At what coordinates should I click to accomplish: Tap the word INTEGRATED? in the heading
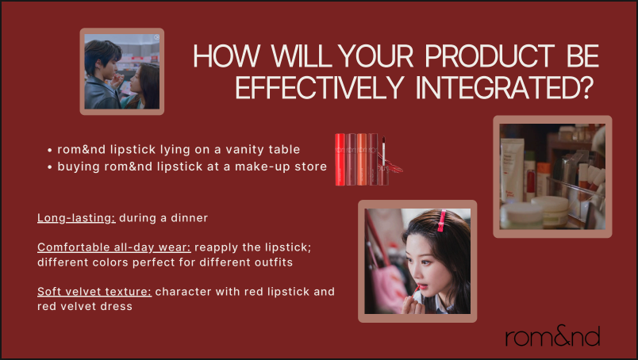pos(504,87)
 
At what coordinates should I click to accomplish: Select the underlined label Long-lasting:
pos(76,218)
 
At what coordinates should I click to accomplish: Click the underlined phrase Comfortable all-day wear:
pos(114,247)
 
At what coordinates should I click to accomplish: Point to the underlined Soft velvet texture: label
pos(94,292)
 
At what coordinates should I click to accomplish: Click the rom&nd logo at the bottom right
pos(552,336)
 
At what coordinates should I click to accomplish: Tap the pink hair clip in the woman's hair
pos(441,221)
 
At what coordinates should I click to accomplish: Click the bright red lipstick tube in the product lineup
pos(340,159)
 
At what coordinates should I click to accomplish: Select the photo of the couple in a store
pos(122,71)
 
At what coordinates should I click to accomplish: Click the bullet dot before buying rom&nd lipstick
pos(50,167)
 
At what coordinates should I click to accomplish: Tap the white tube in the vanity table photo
pos(512,170)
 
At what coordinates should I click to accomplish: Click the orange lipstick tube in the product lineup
pos(362,159)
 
